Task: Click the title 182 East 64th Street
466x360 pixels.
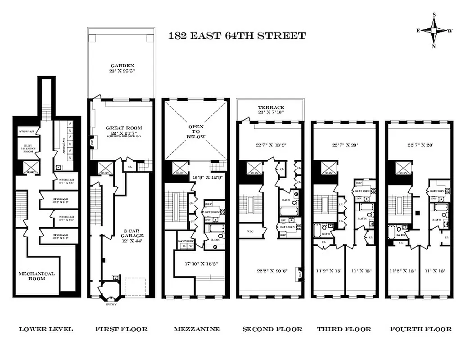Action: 237,36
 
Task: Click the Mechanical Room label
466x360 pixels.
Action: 36,276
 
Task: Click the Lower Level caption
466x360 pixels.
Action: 45,329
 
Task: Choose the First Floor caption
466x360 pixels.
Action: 121,329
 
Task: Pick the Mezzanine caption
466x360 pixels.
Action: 197,329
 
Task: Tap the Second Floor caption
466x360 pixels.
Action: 272,329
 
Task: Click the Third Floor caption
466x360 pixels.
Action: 344,329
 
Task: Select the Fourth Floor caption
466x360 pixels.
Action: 421,329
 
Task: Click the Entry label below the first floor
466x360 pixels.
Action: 110,305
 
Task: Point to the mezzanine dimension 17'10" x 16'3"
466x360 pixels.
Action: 199,264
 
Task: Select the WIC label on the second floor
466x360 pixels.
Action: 248,231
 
